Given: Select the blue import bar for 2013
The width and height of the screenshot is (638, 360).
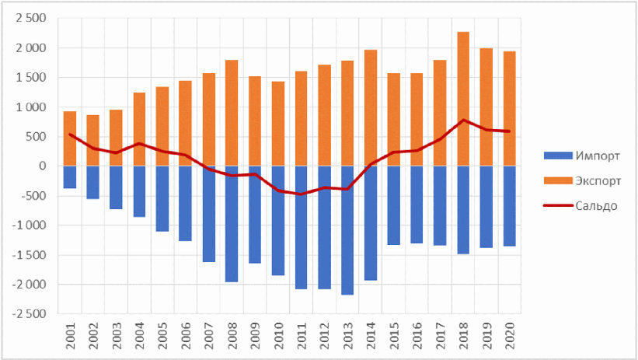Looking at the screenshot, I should (x=347, y=230).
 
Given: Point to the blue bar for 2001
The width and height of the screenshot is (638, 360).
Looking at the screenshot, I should (x=70, y=177).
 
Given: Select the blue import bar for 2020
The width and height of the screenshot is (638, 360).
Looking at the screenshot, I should (x=509, y=206).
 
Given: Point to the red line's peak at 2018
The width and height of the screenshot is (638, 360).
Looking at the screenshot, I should (x=463, y=120).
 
